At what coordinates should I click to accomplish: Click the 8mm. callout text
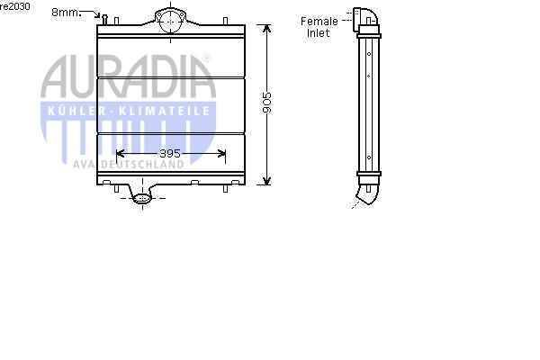click(x=66, y=13)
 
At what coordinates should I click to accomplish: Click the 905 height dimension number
click(x=267, y=103)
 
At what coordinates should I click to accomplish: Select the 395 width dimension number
click(x=170, y=154)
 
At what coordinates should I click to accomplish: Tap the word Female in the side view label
click(x=319, y=22)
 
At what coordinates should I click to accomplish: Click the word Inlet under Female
click(x=319, y=33)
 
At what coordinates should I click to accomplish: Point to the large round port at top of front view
click(x=170, y=22)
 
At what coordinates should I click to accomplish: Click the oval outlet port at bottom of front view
click(x=142, y=198)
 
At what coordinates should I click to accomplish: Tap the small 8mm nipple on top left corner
click(x=104, y=19)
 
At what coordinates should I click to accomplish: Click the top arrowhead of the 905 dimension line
click(x=267, y=28)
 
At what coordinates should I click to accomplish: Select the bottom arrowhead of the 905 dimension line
click(x=267, y=181)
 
